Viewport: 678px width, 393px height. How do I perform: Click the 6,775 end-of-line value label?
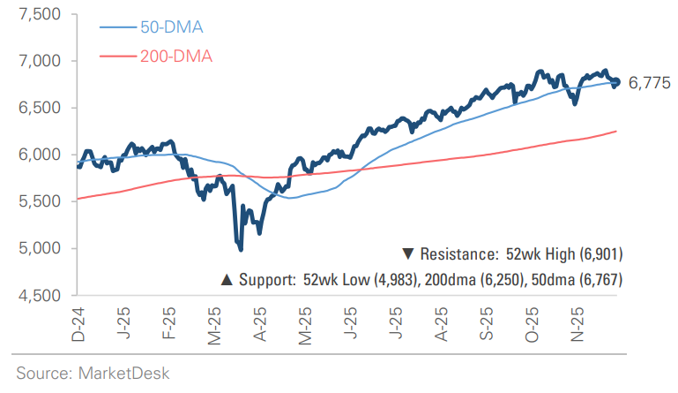point(650,84)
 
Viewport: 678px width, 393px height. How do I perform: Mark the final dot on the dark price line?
point(616,82)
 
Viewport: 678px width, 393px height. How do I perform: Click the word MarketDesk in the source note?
point(123,373)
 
